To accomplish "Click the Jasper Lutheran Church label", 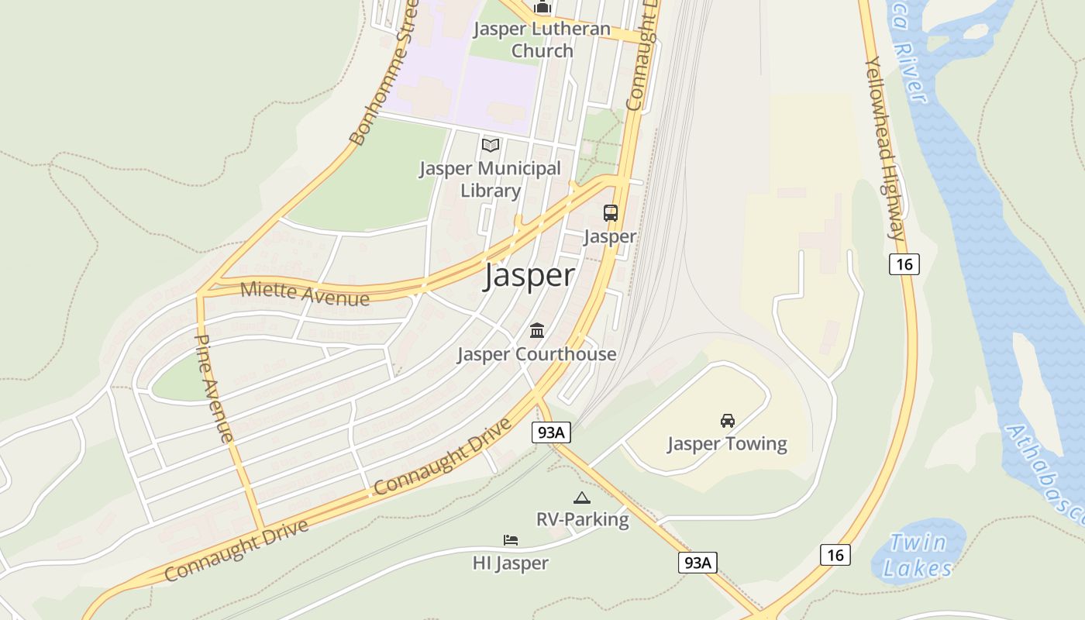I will pyautogui.click(x=542, y=40).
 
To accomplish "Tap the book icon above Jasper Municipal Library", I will pyautogui.click(x=491, y=145).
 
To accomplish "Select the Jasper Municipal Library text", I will pyautogui.click(x=490, y=179).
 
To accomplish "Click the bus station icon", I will pyautogui.click(x=611, y=213).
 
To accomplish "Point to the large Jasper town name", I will pyautogui.click(x=529, y=276).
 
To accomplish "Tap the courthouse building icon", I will pyautogui.click(x=536, y=332).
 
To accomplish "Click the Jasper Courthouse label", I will pyautogui.click(x=536, y=354).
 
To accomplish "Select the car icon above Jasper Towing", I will pyautogui.click(x=727, y=421).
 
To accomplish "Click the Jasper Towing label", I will pyautogui.click(x=727, y=444).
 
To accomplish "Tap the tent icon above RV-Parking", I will pyautogui.click(x=582, y=498).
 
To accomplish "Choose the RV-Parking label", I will pyautogui.click(x=582, y=519).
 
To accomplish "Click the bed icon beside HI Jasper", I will pyautogui.click(x=510, y=540).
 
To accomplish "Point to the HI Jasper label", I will pyautogui.click(x=511, y=563).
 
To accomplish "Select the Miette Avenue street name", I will pyautogui.click(x=305, y=293).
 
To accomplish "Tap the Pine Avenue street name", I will pyautogui.click(x=213, y=387).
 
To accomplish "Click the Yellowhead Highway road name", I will pyautogui.click(x=884, y=147).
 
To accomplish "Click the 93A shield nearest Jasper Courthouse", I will pyautogui.click(x=550, y=432).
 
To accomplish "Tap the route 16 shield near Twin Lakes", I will pyautogui.click(x=835, y=555).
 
